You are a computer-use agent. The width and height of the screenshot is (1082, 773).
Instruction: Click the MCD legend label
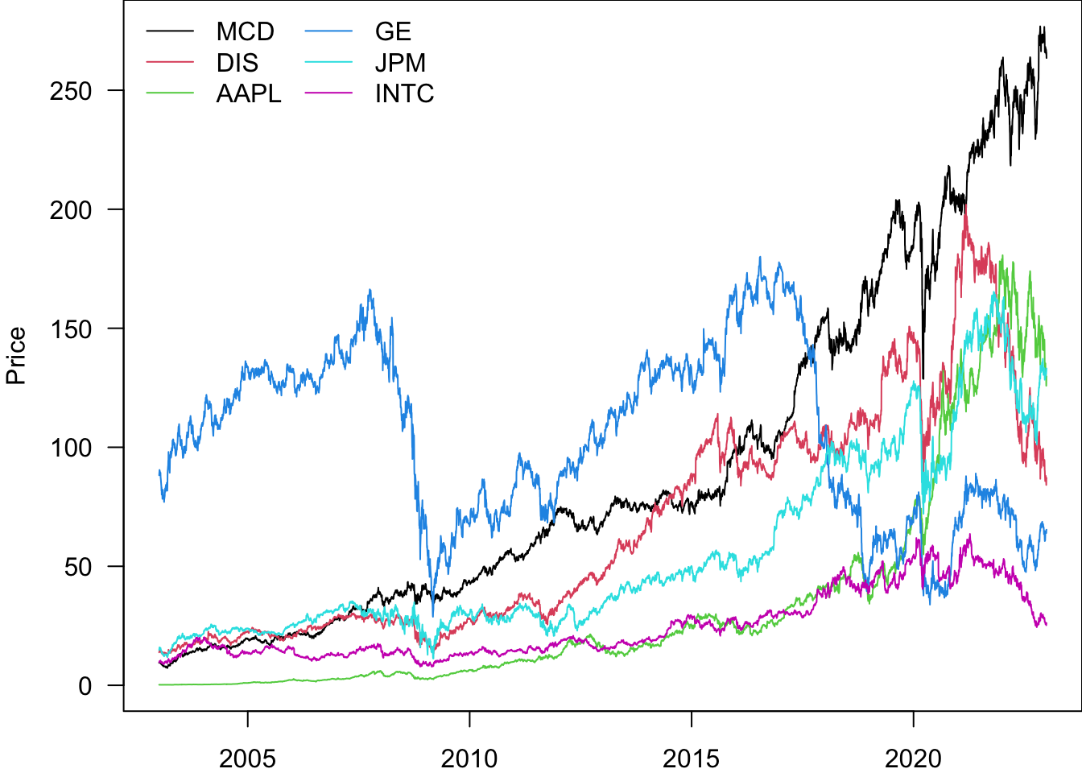[x=246, y=31]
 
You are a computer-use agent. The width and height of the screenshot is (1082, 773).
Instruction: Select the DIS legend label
[x=237, y=63]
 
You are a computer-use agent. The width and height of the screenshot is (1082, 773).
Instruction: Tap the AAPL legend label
[x=249, y=93]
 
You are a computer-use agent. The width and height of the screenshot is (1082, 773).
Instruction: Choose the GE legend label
[x=393, y=31]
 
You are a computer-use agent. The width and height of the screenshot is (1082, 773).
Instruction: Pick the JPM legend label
[x=400, y=63]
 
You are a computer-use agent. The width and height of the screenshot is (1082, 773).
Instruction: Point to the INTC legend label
[x=404, y=93]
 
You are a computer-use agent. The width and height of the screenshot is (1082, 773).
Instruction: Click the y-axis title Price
[x=16, y=355]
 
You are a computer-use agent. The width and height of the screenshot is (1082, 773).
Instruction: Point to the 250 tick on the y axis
[x=71, y=91]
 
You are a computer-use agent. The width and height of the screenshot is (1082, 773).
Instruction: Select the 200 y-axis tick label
[x=71, y=210]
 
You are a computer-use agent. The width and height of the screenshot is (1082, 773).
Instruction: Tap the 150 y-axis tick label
[x=71, y=329]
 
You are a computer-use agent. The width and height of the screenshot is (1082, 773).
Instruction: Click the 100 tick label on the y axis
[x=71, y=448]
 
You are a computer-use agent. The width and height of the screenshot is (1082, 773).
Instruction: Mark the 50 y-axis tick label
[x=78, y=567]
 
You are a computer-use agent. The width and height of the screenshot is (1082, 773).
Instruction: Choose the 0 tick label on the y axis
[x=85, y=686]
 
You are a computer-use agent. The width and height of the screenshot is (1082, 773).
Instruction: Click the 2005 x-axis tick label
[x=247, y=758]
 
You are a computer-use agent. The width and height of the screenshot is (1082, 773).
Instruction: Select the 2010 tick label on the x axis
[x=469, y=758]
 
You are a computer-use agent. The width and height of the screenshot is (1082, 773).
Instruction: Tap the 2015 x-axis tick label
[x=691, y=758]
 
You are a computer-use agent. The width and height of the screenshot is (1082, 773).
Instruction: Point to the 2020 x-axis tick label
[x=913, y=758]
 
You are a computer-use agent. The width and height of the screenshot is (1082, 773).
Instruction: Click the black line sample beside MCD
[x=170, y=31]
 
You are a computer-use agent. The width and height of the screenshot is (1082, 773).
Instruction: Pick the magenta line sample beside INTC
[x=329, y=93]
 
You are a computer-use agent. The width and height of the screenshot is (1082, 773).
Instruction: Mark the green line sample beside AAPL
[x=170, y=93]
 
